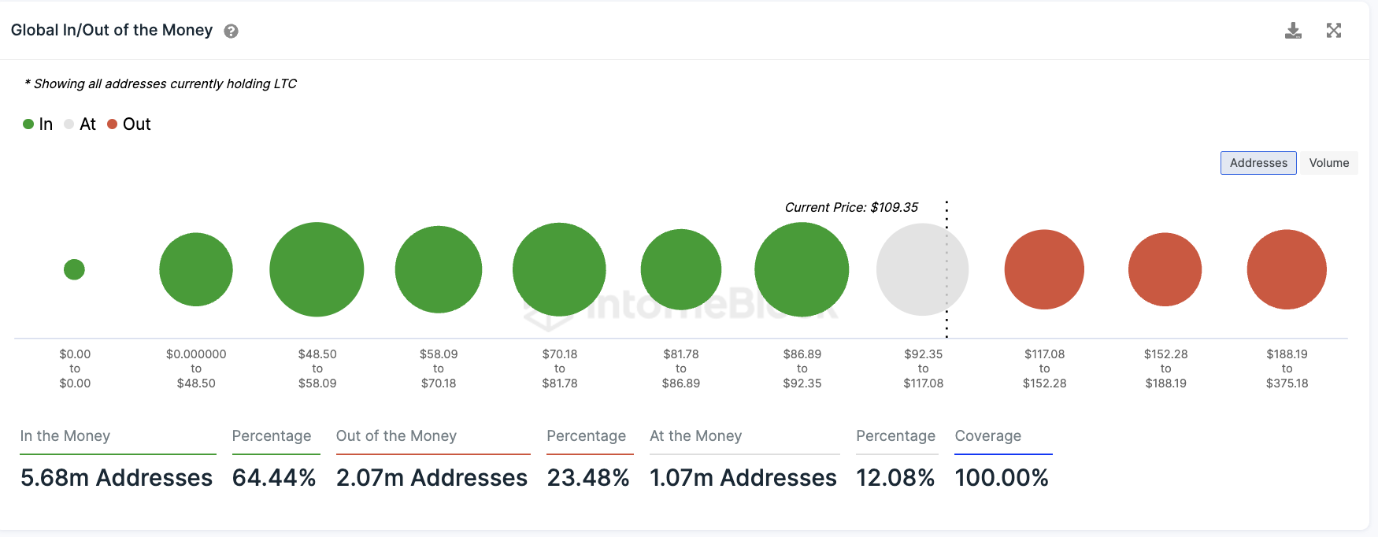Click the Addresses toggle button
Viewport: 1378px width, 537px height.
(x=1258, y=163)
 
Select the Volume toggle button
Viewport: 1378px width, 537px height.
(x=1328, y=163)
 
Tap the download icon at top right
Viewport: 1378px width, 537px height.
(x=1293, y=31)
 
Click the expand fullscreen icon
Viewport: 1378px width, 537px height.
(x=1333, y=31)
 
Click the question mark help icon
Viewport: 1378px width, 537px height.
(x=231, y=31)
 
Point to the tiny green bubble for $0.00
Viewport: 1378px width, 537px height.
(x=74, y=269)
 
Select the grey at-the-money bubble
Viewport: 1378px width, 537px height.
(x=922, y=269)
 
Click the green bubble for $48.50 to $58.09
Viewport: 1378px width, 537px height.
(x=317, y=269)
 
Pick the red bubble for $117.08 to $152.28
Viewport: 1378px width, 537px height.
(x=1044, y=269)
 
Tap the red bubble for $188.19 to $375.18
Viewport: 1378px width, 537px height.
(x=1287, y=269)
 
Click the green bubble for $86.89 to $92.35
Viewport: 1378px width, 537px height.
(x=802, y=269)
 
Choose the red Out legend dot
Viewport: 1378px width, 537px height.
(x=113, y=124)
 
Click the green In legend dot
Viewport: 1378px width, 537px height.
(x=28, y=124)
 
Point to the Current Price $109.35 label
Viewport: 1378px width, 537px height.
(x=851, y=207)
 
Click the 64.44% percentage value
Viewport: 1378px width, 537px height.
(x=274, y=477)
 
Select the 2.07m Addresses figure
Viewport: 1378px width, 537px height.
(x=432, y=477)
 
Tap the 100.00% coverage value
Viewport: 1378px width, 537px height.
(x=1002, y=477)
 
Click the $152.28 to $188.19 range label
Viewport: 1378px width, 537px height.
(x=1165, y=368)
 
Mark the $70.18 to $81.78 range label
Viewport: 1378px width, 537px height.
(x=560, y=368)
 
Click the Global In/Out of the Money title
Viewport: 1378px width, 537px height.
(x=112, y=30)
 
